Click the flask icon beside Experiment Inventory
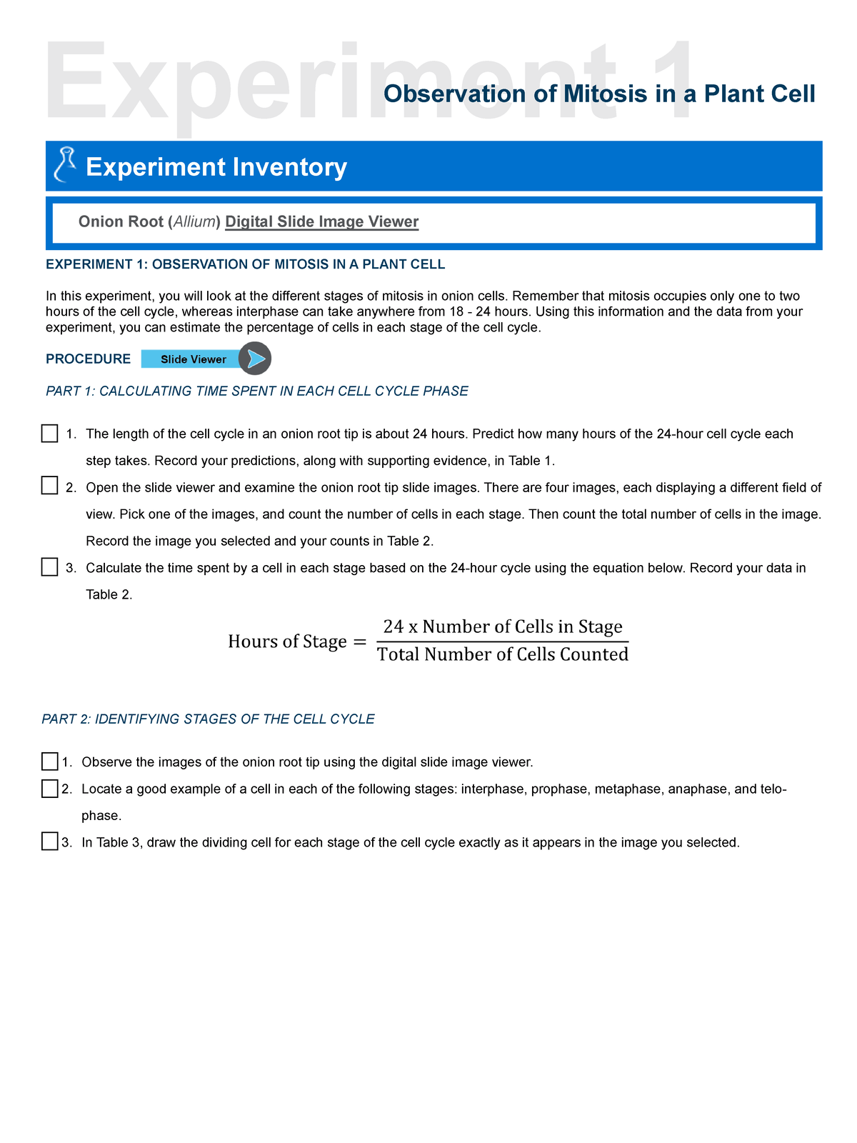65,165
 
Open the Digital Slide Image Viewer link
321,222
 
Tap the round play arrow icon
254,359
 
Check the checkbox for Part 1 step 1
49,434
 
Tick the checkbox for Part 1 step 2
49,486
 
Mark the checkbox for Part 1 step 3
49,567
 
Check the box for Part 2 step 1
49,762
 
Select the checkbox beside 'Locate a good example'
49,789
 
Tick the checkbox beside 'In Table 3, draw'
49,842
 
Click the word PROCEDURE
89,359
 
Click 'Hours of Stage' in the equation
287,642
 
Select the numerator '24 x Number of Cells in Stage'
503,627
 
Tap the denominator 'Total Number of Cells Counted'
503,654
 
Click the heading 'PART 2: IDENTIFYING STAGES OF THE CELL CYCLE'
208,719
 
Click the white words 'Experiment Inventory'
216,167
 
